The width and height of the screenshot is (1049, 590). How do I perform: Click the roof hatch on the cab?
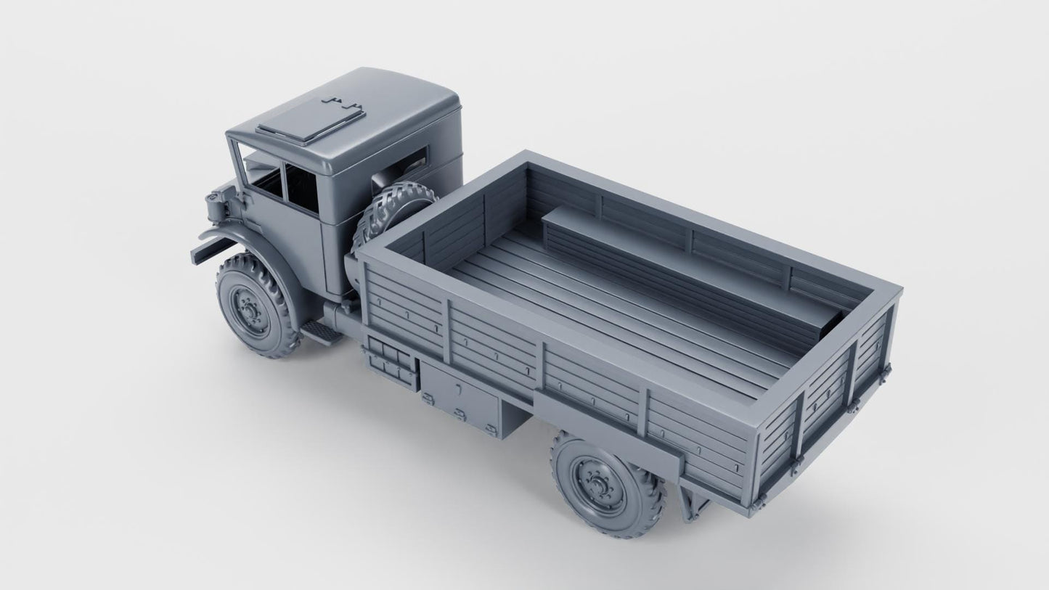311,120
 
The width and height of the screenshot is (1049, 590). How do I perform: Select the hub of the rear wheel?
595,482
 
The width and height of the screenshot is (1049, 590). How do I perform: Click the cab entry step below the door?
320,332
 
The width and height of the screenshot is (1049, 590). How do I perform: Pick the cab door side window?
301,188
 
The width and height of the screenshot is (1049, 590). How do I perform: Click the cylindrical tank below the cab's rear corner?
341,316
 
